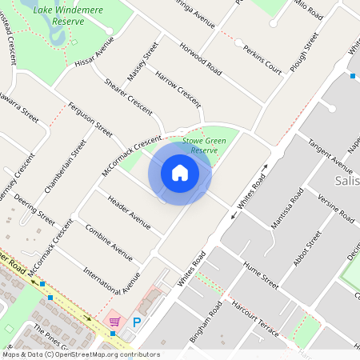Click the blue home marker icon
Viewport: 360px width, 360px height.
point(180,173)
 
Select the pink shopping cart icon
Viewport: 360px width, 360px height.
point(114,322)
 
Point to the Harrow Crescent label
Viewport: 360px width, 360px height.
point(177,88)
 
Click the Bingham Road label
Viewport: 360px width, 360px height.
point(214,320)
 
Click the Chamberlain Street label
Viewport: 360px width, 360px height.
point(66,166)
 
